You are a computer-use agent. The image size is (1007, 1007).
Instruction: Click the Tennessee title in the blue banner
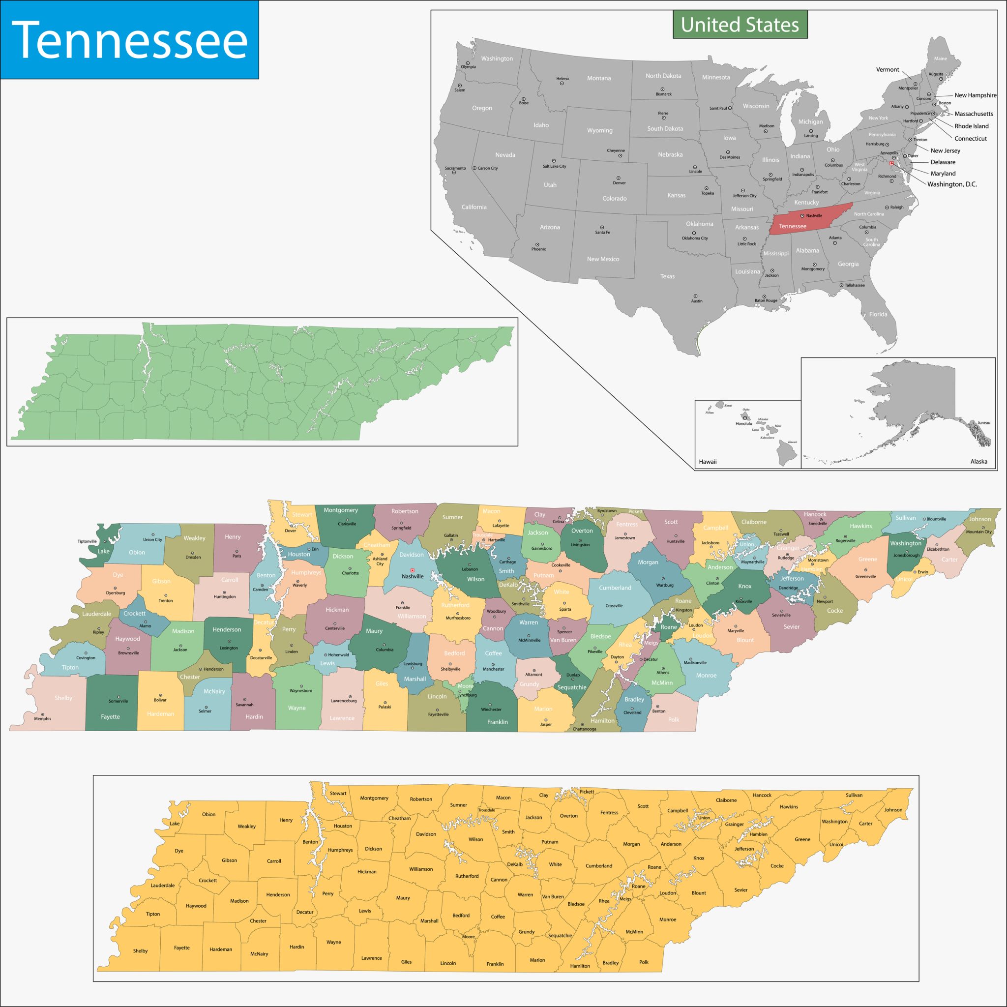tap(129, 40)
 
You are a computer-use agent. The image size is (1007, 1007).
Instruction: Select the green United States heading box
tap(740, 25)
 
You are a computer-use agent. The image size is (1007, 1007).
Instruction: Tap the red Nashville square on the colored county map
tap(412, 570)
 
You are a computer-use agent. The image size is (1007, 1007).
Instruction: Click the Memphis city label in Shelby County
tap(43, 719)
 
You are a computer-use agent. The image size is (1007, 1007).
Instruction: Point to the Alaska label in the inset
tap(978, 461)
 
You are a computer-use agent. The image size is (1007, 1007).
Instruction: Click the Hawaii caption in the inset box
tap(707, 462)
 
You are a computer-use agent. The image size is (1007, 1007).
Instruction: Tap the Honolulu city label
tap(744, 423)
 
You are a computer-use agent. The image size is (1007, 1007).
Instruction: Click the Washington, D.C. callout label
tap(952, 184)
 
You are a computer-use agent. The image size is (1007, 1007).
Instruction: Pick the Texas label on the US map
tap(667, 276)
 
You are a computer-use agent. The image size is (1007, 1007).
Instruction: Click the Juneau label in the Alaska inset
tap(983, 423)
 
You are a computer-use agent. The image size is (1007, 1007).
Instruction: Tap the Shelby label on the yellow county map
tap(140, 951)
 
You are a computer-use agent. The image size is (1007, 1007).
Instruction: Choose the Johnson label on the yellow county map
tap(893, 809)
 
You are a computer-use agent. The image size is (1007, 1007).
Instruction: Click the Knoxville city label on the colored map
tap(743, 601)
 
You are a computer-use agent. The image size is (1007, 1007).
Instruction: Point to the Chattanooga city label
tap(584, 729)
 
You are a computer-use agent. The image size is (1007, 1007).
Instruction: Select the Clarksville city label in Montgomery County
tap(347, 524)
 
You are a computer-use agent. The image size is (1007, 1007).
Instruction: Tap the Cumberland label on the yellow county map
tap(598, 866)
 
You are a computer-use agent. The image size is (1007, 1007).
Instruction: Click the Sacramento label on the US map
tap(455, 168)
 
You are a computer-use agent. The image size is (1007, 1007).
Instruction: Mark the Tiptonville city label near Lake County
tap(87, 541)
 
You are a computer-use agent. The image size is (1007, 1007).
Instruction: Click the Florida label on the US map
tap(878, 314)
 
